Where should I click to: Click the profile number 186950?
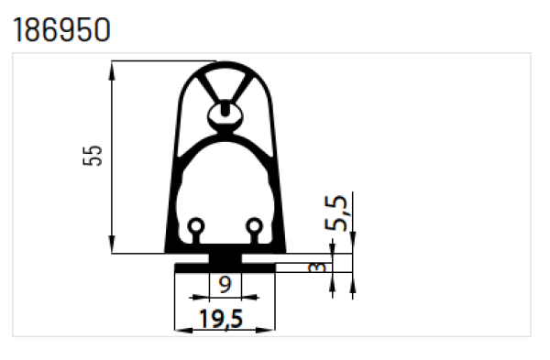click(x=61, y=29)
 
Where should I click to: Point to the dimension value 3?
click(x=317, y=267)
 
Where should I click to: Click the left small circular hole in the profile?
click(x=195, y=225)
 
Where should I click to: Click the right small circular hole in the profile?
click(x=255, y=225)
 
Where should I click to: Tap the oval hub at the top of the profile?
click(x=225, y=114)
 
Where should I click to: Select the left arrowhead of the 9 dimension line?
click(x=192, y=297)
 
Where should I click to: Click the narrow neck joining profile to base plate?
click(x=225, y=256)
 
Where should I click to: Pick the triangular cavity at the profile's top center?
click(x=225, y=81)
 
